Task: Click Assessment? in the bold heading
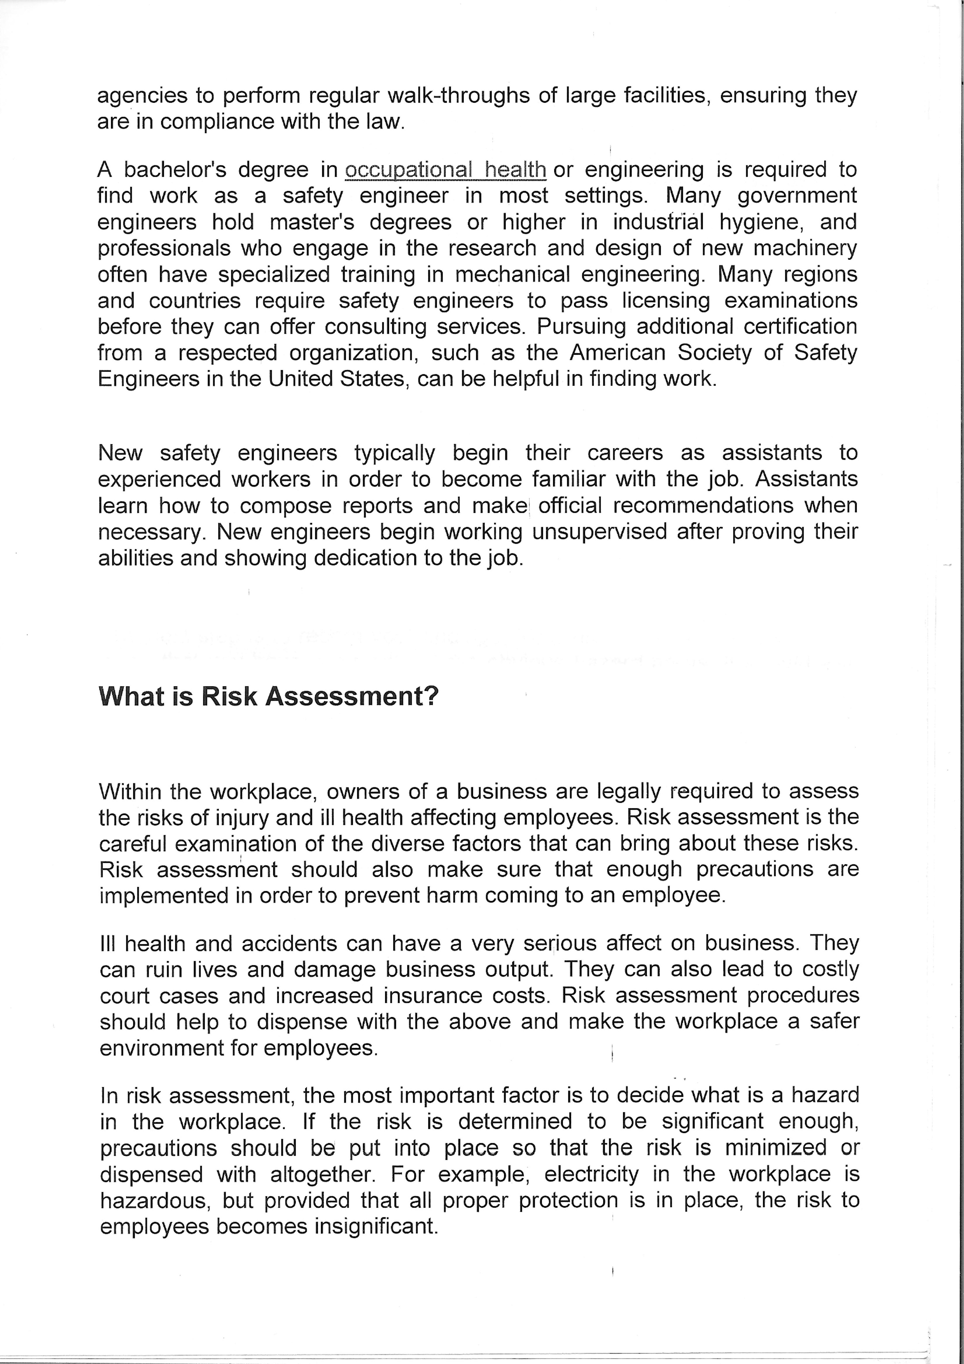352,696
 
